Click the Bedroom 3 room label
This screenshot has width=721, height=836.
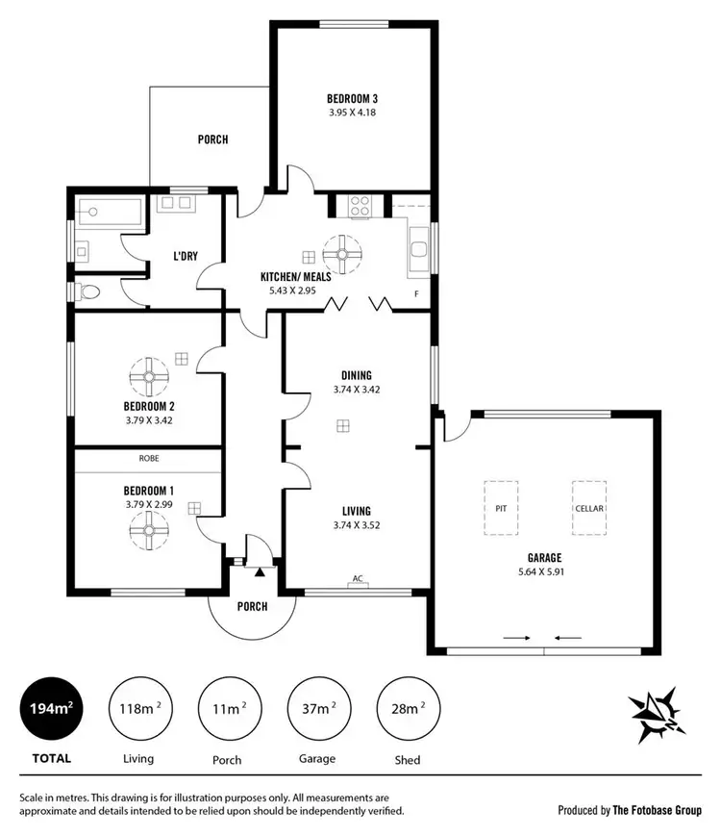352,98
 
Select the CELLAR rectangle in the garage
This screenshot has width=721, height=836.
589,507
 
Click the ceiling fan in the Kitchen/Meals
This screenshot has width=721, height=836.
341,255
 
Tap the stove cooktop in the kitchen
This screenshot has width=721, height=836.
360,206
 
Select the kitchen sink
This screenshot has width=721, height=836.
419,251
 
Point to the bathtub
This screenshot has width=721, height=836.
107,208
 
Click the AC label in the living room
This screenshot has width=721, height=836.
357,579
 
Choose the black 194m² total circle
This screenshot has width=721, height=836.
51,709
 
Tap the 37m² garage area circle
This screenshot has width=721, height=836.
318,709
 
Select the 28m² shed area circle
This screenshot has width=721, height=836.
407,709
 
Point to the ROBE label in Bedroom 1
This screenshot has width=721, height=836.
148,460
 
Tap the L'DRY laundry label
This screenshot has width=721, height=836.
186,256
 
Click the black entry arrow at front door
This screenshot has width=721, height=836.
259,572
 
